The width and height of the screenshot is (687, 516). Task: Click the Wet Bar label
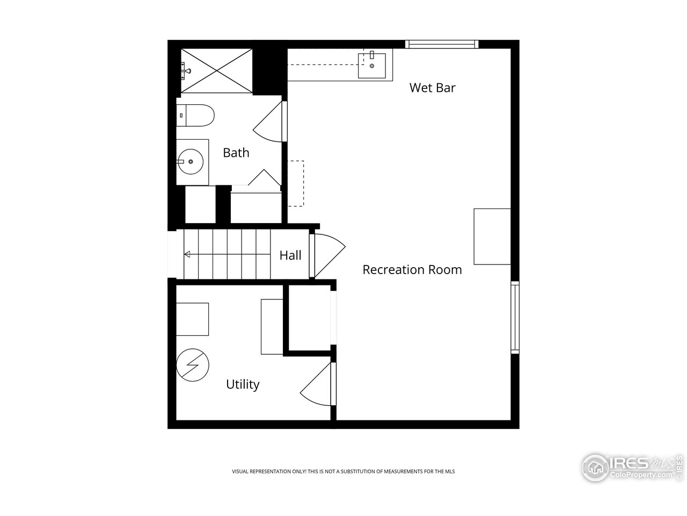[432, 88]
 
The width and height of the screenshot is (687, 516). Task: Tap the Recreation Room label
[412, 269]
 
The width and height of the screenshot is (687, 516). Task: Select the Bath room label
[236, 153]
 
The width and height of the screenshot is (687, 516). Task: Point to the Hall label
[290, 255]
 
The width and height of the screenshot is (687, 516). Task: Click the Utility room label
[242, 384]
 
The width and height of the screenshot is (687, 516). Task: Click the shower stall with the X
[217, 70]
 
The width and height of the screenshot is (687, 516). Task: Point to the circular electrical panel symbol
[193, 366]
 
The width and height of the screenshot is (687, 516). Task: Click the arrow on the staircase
[188, 254]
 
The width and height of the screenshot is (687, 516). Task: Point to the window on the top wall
[441, 44]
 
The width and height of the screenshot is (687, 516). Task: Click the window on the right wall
[515, 317]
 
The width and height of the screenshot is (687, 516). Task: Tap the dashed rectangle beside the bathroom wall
[296, 183]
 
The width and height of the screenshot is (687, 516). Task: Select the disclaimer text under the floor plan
[343, 471]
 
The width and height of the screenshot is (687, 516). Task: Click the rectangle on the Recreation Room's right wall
[492, 236]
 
